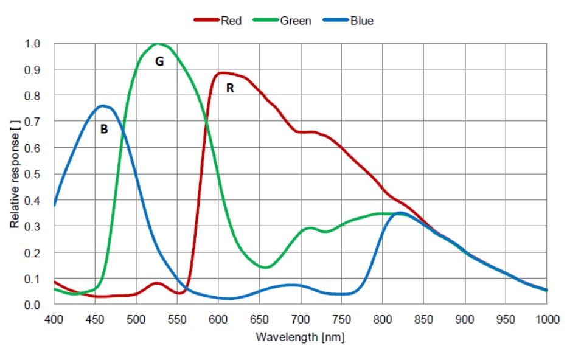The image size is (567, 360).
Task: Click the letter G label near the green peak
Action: point(159,61)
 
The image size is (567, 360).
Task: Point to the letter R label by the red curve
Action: point(229,88)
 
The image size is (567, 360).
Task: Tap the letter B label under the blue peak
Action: point(104,129)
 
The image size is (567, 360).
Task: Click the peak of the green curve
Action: point(158,44)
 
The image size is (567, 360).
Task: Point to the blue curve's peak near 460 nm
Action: point(103,106)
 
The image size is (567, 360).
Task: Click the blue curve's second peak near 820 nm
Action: point(399,213)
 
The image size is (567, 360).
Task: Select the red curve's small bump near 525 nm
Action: point(157,283)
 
